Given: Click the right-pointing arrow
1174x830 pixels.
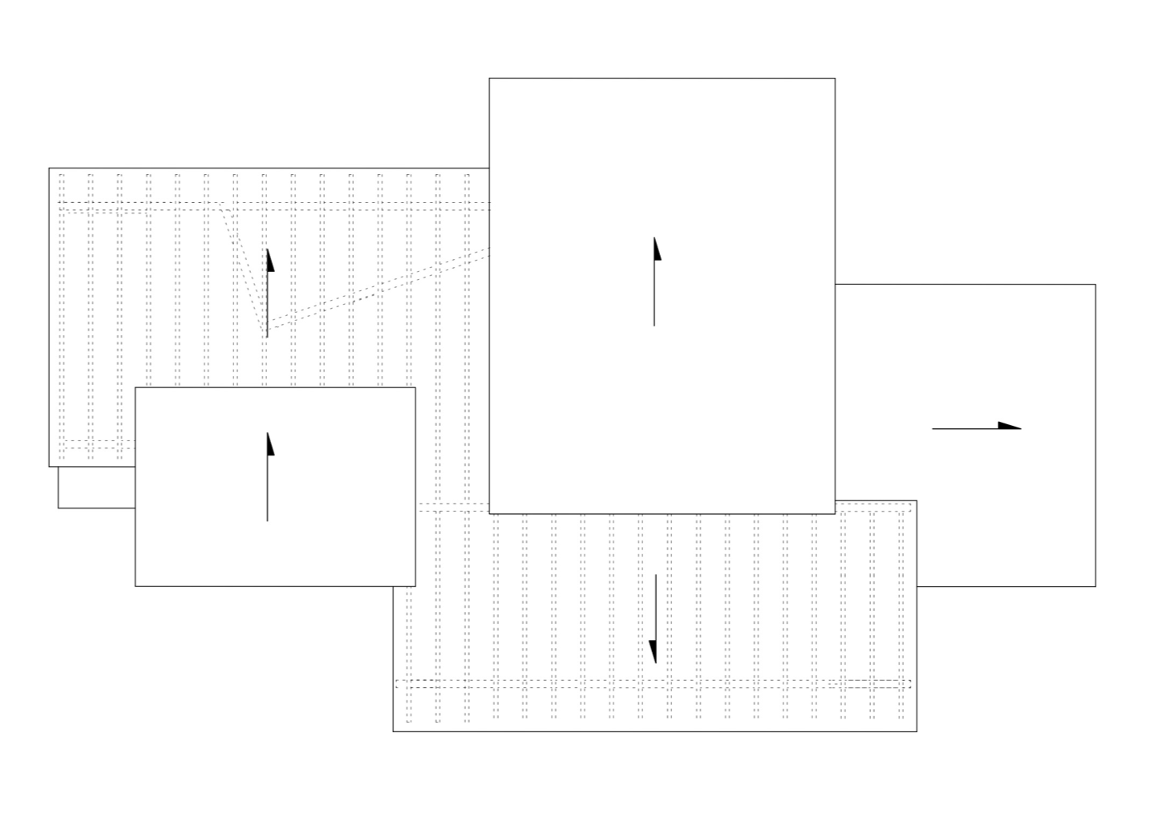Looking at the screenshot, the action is pos(976,427).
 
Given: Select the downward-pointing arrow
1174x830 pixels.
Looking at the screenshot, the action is pos(654,618).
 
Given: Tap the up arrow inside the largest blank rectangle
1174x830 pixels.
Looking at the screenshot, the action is pos(654,281).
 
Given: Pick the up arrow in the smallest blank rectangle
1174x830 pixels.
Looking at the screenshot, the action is pos(268,477).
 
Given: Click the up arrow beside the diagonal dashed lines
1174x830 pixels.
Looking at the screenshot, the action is pos(268,293).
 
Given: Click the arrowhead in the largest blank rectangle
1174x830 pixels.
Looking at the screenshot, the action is pos(656,249).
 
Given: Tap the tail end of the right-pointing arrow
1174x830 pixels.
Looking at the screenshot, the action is pos(933,429).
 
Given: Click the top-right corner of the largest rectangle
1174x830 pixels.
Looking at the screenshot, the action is pos(835,79).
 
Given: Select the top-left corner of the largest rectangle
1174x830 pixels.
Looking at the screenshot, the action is pos(489,79).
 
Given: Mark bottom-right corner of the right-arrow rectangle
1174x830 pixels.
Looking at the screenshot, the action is pos(1095,586).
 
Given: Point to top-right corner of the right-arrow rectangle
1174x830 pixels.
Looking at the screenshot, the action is pos(1095,285).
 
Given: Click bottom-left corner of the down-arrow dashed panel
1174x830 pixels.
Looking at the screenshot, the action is pos(393,731).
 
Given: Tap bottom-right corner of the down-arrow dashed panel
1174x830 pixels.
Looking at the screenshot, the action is pos(917,731).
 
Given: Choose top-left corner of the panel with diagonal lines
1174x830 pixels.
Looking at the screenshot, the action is pos(49,168).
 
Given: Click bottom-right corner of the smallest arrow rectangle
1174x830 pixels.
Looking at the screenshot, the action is pos(415,586).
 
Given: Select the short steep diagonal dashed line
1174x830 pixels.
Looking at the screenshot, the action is pos(245,269).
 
